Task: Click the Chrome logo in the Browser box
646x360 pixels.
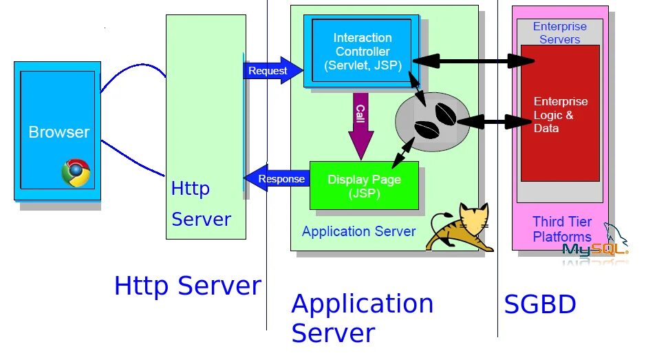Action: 76,173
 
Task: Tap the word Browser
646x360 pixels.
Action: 59,132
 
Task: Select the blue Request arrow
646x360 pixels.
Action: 272,70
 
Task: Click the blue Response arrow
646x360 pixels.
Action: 277,178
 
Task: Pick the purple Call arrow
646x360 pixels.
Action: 361,125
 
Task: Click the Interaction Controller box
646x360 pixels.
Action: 361,51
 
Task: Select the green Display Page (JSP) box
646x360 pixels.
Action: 364,186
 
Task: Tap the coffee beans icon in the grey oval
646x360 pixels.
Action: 435,120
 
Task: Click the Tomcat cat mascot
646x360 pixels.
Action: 460,227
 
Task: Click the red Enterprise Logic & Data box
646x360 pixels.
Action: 560,114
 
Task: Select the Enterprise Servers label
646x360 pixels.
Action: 560,32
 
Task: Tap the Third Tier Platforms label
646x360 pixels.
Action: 562,229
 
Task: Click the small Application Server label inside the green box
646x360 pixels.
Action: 359,231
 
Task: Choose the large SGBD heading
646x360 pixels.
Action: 540,304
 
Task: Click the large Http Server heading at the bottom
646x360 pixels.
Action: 188,286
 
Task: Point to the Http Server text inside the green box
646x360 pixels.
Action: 201,204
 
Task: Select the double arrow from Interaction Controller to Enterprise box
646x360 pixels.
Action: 474,61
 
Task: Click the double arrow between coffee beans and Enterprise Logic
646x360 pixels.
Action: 494,122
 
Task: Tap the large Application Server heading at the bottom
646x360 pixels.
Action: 363,318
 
